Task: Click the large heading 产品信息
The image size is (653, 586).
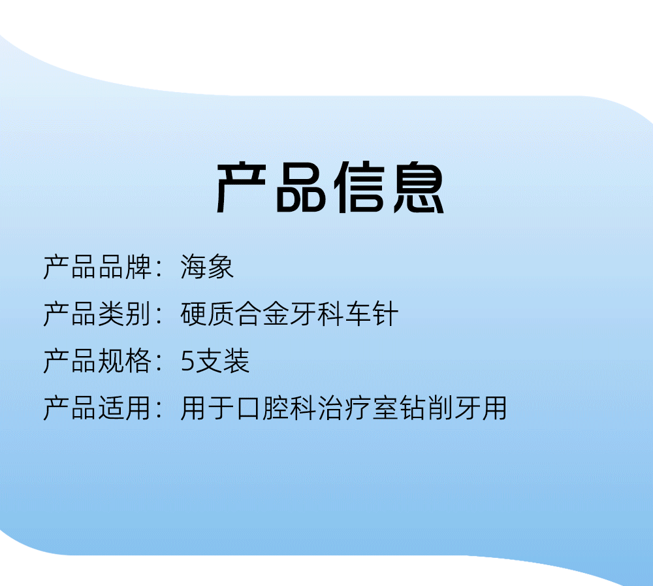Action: (330, 187)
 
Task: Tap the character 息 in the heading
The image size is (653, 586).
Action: (419, 187)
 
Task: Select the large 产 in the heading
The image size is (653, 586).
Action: (242, 187)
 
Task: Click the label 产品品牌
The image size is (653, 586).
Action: (97, 267)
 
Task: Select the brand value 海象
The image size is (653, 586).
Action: (207, 267)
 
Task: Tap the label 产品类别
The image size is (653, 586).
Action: (97, 314)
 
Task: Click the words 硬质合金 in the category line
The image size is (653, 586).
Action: (234, 314)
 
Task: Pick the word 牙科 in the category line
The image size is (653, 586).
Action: (317, 314)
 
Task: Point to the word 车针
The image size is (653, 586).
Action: (372, 314)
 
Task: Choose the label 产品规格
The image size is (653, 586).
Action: (97, 361)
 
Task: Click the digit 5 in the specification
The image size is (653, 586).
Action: (187, 361)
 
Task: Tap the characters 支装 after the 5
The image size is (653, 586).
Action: (223, 361)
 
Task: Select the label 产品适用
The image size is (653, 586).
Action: (97, 408)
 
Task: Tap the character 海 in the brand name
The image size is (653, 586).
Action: (193, 267)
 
